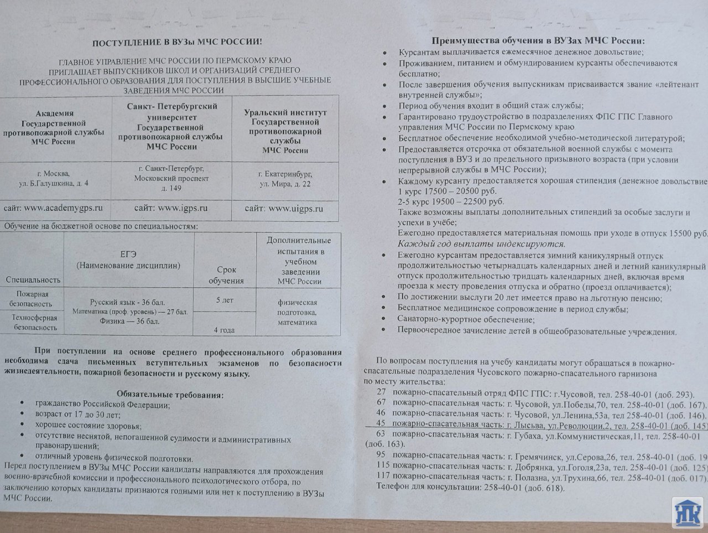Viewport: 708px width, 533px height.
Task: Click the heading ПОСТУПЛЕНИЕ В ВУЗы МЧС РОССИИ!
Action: click(178, 43)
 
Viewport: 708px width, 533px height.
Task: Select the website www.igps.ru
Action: click(171, 208)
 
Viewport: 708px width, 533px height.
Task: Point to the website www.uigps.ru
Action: click(284, 209)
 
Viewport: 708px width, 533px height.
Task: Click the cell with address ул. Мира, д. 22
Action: click(285, 178)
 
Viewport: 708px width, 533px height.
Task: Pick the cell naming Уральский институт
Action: click(285, 131)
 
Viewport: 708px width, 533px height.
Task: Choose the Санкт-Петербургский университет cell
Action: click(171, 126)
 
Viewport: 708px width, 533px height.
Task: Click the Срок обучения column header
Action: click(226, 275)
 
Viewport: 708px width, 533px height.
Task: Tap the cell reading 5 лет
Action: click(225, 299)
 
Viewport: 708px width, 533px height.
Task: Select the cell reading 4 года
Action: click(224, 330)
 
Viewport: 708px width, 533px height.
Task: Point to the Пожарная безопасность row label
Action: click(33, 299)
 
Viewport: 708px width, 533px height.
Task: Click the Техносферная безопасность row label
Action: click(33, 323)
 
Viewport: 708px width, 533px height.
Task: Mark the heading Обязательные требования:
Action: click(170, 395)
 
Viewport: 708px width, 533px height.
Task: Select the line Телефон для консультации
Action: click(470, 488)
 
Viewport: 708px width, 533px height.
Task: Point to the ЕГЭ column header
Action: click(128, 260)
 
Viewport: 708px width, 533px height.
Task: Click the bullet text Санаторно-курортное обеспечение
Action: click(466, 319)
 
